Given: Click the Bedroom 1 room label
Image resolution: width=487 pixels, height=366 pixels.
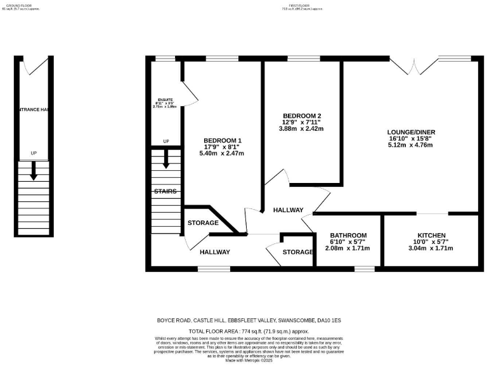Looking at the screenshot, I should (222, 140).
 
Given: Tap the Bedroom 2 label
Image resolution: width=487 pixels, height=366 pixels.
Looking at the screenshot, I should (302, 116).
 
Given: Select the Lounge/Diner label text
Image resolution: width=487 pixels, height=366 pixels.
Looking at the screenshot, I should (411, 132).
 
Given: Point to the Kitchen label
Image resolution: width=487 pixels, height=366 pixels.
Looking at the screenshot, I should (431, 235).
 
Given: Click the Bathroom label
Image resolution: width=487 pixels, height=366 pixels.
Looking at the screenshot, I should (348, 235).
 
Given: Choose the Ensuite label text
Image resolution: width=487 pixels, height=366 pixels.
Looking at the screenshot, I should (165, 100).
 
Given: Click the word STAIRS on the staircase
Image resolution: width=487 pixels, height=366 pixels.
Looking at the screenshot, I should (165, 191).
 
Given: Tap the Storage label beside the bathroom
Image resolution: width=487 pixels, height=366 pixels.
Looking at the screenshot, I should (298, 252).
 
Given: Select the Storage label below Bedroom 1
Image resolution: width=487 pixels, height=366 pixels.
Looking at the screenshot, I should (203, 223).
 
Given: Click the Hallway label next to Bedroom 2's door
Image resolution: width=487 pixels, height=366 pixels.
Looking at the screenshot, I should (288, 210).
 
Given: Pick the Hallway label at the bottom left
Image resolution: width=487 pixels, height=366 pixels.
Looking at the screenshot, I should (214, 252).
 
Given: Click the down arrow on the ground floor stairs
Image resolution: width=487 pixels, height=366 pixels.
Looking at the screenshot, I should (34, 170).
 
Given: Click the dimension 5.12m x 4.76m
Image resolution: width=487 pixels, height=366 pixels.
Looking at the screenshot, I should (411, 145).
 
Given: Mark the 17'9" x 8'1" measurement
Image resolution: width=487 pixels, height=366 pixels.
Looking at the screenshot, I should (222, 147).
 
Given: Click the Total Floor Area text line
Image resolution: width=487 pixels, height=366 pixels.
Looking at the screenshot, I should (249, 332).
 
